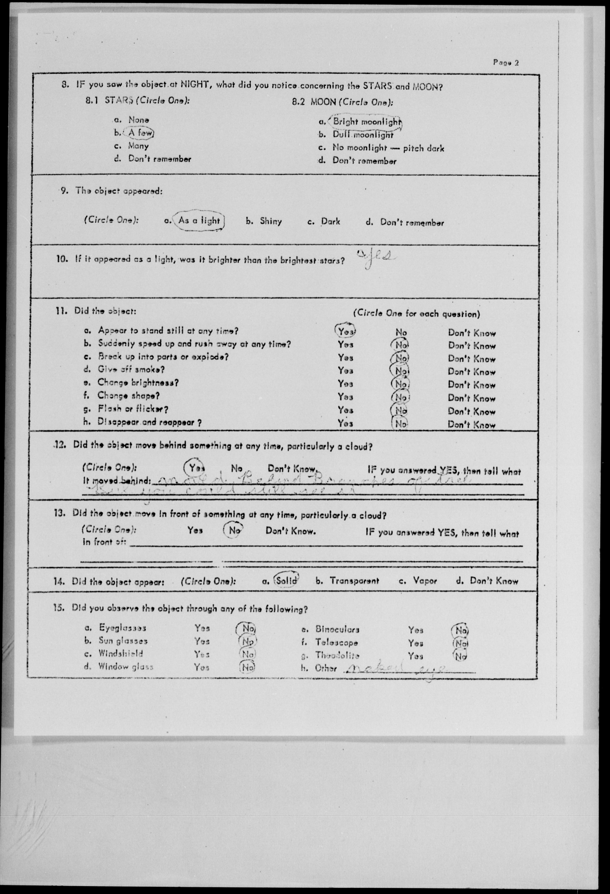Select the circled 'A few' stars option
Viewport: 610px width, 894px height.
pyautogui.click(x=141, y=133)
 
